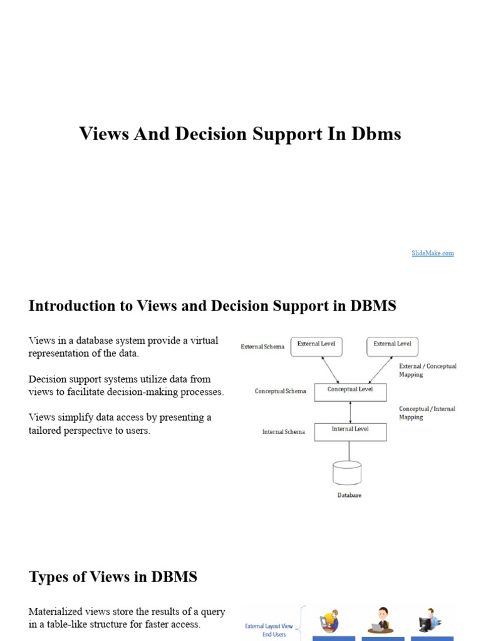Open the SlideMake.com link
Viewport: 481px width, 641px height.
pyautogui.click(x=432, y=253)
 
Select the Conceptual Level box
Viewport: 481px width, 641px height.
pyautogui.click(x=350, y=392)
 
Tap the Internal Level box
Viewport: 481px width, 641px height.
pyautogui.click(x=350, y=432)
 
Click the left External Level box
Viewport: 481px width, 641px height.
pyautogui.click(x=316, y=346)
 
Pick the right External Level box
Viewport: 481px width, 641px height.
pyautogui.click(x=392, y=346)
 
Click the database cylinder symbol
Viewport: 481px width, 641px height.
pyautogui.click(x=346, y=473)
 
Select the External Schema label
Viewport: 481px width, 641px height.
pyautogui.click(x=262, y=347)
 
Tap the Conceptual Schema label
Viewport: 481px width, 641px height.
pyautogui.click(x=280, y=391)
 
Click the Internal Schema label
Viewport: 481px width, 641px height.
pyautogui.click(x=283, y=432)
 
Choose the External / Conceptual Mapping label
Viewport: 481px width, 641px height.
pyautogui.click(x=428, y=370)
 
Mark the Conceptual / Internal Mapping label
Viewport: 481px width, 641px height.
pyautogui.click(x=427, y=413)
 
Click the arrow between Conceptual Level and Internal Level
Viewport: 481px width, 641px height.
pyautogui.click(x=350, y=412)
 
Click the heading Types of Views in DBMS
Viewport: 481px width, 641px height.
pyautogui.click(x=113, y=577)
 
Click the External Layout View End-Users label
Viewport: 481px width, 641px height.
pyautogui.click(x=270, y=629)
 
